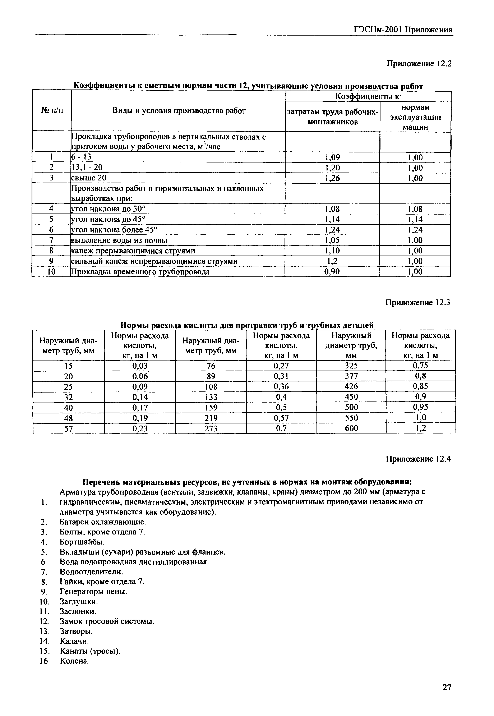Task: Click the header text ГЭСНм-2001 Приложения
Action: click(x=403, y=30)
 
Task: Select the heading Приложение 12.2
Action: click(x=419, y=64)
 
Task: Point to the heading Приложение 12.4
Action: click(x=418, y=459)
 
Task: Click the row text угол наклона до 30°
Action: click(x=108, y=209)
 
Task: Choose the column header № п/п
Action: click(x=52, y=110)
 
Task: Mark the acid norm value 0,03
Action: click(x=140, y=366)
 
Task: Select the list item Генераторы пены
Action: click(x=93, y=592)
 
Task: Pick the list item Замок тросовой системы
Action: click(x=107, y=621)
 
